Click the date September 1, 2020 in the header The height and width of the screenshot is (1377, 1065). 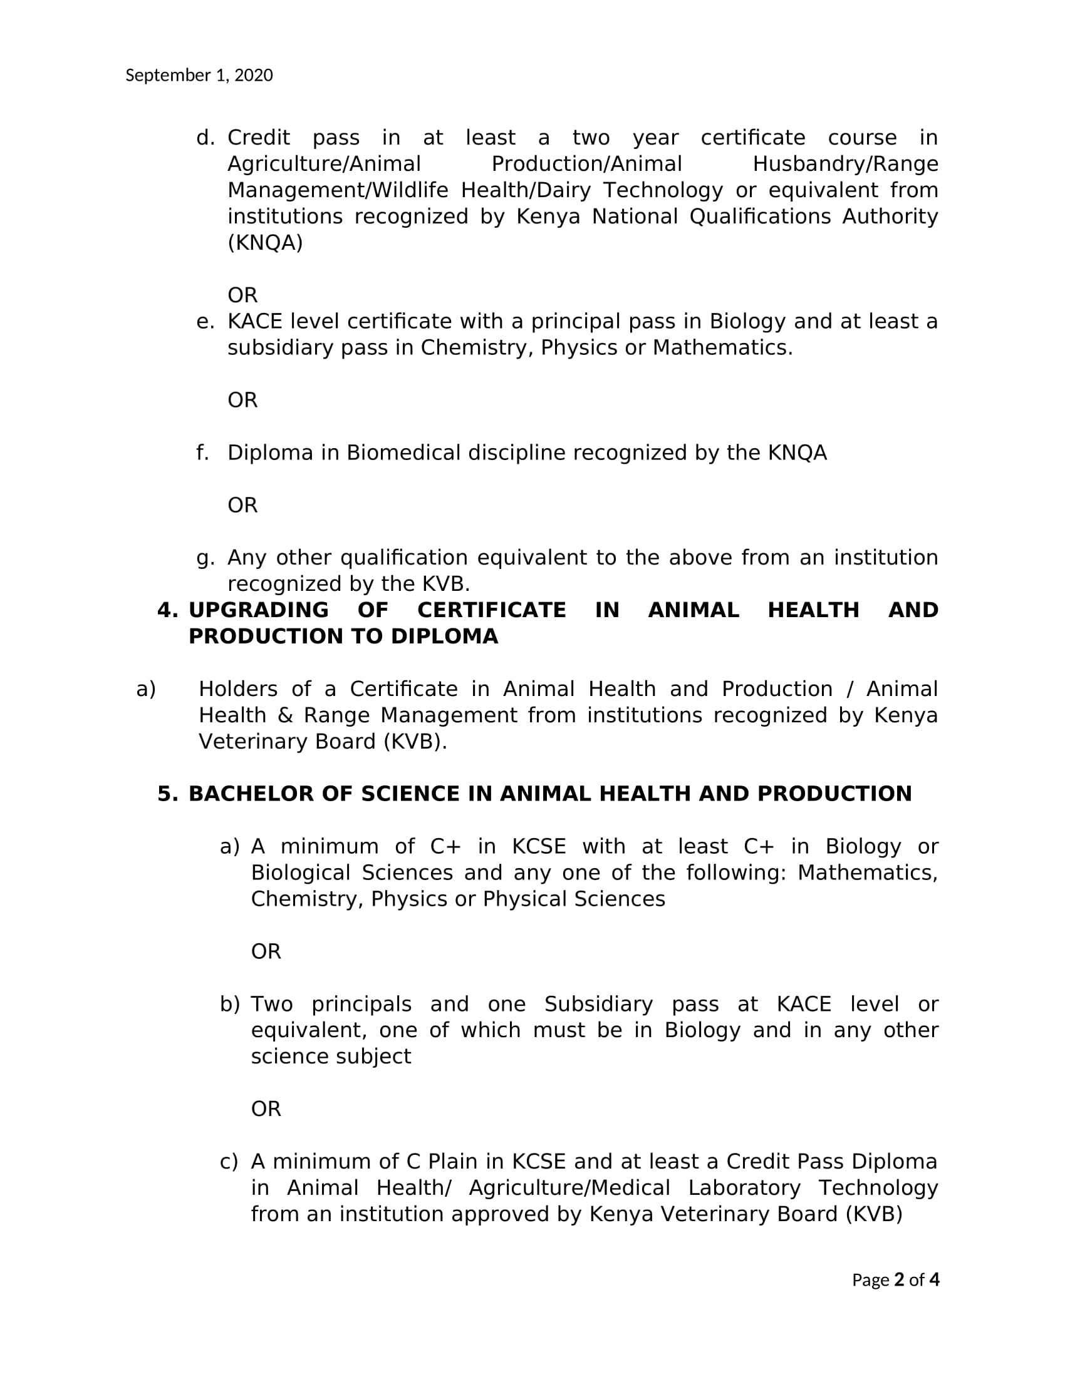point(199,76)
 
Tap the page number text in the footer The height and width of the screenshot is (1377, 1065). point(895,1279)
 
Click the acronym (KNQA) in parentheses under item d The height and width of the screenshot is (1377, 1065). point(265,243)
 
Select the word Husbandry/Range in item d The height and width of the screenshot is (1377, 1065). point(845,164)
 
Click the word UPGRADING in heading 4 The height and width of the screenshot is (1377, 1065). point(259,610)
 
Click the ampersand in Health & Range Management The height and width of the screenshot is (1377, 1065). point(290,715)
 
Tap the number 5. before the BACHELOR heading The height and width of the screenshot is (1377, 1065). point(167,794)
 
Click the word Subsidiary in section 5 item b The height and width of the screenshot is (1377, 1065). point(598,1005)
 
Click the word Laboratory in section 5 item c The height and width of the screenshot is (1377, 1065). point(744,1189)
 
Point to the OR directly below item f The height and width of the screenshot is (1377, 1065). point(242,506)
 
